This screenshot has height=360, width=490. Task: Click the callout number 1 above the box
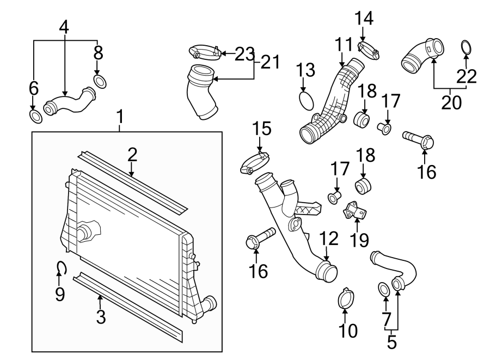point(120,116)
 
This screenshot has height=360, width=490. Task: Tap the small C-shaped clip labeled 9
point(62,267)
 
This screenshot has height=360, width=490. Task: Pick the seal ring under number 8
point(100,82)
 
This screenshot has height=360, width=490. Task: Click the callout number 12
point(329,239)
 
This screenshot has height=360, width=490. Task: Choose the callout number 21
point(271,62)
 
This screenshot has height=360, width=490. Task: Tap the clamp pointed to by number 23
point(205,53)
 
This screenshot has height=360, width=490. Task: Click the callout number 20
point(451,102)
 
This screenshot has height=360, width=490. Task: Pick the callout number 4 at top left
point(64,27)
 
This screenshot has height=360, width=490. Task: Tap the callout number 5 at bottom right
point(392,343)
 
